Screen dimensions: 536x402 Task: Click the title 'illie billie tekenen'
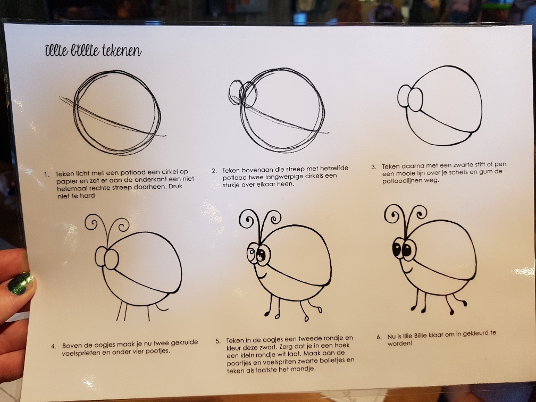(93, 50)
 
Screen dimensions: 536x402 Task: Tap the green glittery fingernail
(21, 283)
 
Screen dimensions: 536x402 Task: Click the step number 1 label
(47, 174)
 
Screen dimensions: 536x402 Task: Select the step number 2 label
(214, 171)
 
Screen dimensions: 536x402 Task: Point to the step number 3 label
(374, 167)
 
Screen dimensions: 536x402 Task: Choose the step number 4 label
(53, 346)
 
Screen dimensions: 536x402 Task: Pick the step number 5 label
(218, 341)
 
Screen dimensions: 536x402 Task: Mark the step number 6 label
(379, 337)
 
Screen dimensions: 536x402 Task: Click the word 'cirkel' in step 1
(170, 172)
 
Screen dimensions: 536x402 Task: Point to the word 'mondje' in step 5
(304, 369)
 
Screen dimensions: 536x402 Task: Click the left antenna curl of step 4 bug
(91, 222)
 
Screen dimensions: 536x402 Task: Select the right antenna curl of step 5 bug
(274, 217)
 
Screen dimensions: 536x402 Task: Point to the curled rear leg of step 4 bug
(161, 307)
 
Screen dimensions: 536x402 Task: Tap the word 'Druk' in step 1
(175, 187)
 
